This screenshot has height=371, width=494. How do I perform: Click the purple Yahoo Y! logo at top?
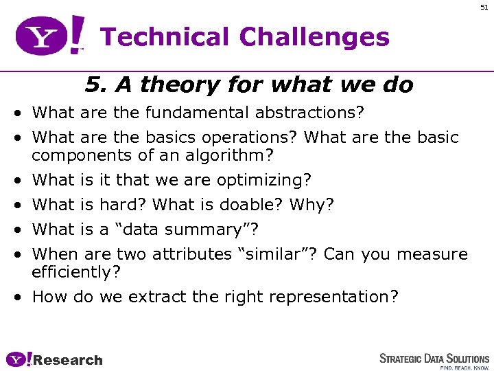[51, 36]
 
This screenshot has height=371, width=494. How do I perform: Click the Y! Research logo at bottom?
[54, 359]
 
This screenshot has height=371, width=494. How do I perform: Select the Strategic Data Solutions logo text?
[434, 359]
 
